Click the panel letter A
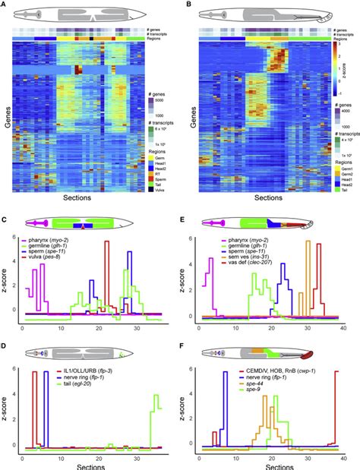tap(4, 5)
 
